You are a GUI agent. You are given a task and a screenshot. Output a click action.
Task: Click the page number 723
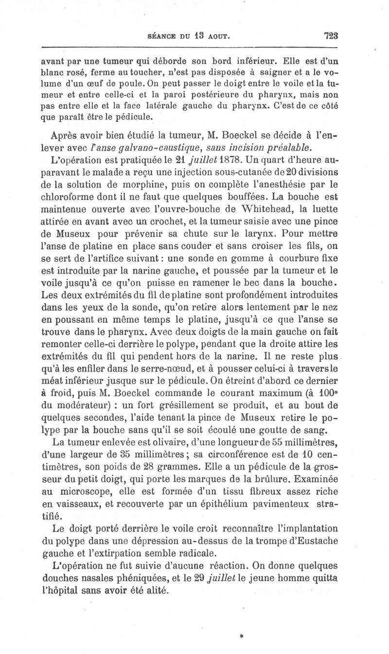(330, 35)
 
